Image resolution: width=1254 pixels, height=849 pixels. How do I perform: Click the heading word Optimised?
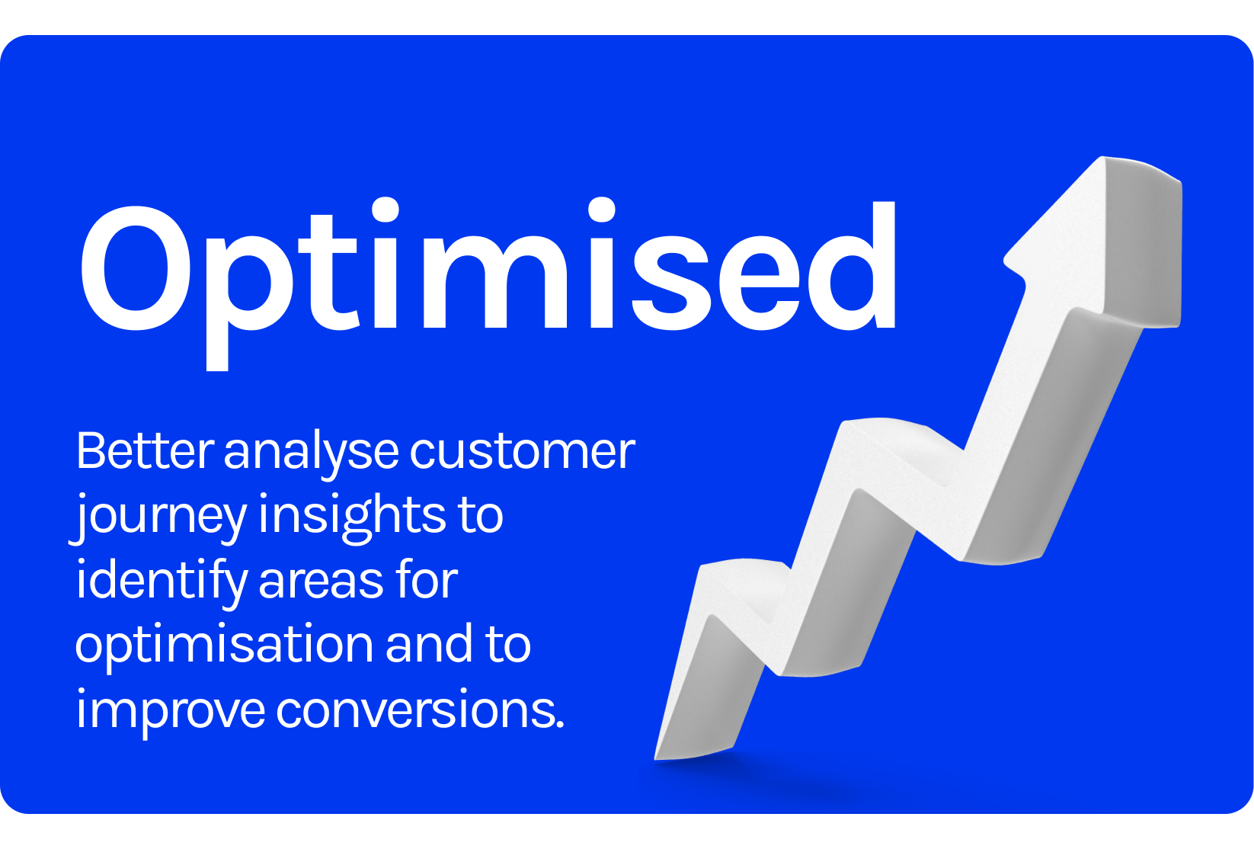pyautogui.click(x=488, y=283)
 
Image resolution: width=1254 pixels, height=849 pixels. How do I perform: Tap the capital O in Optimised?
pyautogui.click(x=136, y=268)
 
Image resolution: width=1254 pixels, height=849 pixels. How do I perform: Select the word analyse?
pyautogui.click(x=312, y=455)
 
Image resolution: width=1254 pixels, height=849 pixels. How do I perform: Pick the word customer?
pyautogui.click(x=523, y=452)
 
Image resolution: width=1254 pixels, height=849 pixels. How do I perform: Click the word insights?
pyautogui.click(x=352, y=518)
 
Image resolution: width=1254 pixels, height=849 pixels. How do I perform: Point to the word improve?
pyautogui.click(x=171, y=711)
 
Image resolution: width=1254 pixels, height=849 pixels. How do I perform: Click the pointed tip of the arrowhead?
pyautogui.click(x=1103, y=158)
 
